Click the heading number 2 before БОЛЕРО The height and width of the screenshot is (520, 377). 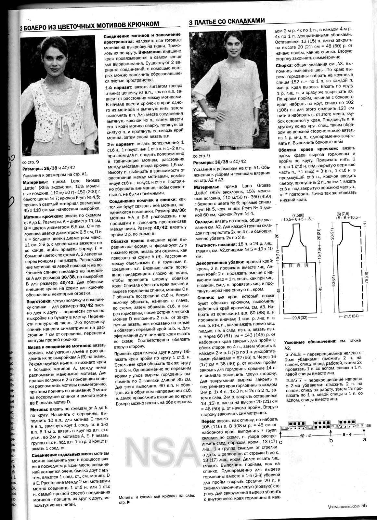pyautogui.click(x=22, y=24)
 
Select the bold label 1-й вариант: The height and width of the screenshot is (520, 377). pyautogui.click(x=118, y=88)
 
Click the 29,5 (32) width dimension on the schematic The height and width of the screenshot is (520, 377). pyautogui.click(x=298, y=318)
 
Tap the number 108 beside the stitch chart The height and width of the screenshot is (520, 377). pyautogui.click(x=368, y=425)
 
